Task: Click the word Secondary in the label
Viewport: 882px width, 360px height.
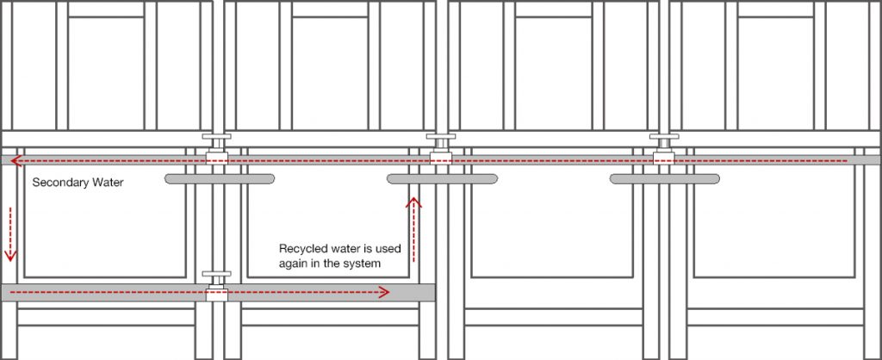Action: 58,183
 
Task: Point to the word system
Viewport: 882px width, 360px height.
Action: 362,263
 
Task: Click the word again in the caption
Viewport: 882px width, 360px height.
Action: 294,263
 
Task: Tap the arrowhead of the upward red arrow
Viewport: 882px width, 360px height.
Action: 415,202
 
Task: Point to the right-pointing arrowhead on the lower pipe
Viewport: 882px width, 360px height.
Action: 384,292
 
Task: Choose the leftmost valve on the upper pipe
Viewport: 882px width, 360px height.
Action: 216,153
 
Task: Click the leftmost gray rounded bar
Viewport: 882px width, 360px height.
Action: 219,178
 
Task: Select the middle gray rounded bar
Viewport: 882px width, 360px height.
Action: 442,178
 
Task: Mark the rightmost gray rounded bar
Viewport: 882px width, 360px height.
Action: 664,178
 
